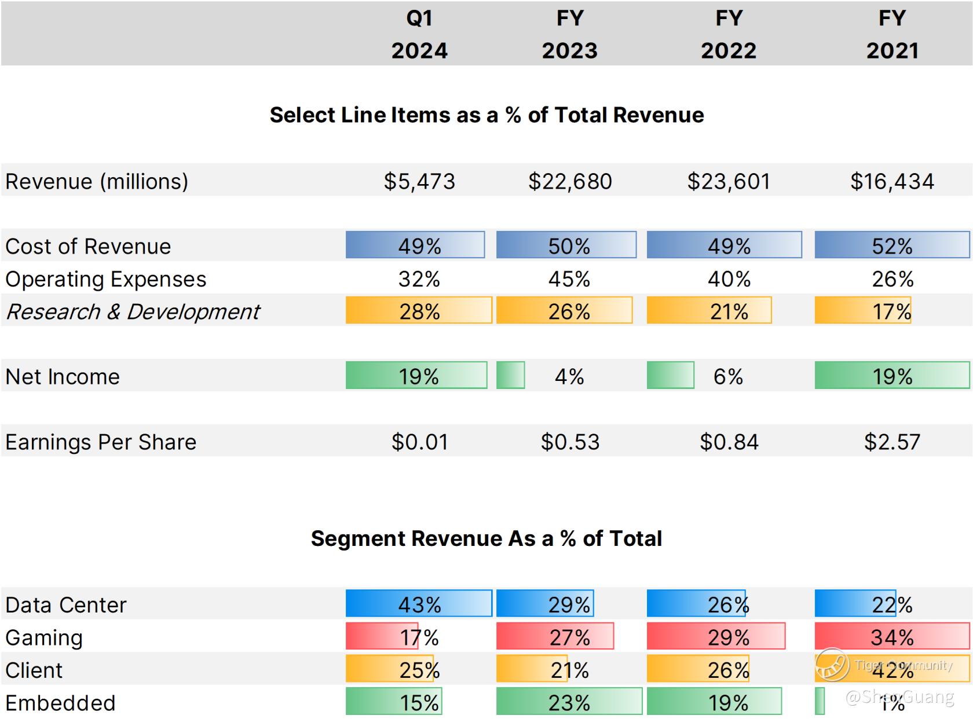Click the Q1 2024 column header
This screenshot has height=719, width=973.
419,34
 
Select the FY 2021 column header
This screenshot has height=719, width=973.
892,34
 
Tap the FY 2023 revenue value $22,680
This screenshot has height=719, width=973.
570,182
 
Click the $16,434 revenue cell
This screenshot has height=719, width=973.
892,182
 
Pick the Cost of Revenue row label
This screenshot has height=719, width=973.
88,247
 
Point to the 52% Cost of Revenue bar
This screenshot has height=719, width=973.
892,245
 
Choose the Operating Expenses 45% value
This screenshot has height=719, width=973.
569,280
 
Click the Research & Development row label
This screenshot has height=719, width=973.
133,312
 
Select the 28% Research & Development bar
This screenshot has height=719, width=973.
419,311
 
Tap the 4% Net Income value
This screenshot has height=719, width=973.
569,377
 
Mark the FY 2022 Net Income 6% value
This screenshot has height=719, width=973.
728,377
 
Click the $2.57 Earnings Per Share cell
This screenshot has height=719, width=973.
892,442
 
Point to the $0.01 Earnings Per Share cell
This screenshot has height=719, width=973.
420,442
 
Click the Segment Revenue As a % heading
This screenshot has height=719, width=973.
487,539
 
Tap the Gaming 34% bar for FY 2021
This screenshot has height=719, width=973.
892,637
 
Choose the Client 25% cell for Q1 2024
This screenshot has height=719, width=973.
419,670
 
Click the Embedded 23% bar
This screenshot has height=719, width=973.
569,702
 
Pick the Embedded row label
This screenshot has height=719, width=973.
61,703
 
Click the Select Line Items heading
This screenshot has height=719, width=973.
487,115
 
